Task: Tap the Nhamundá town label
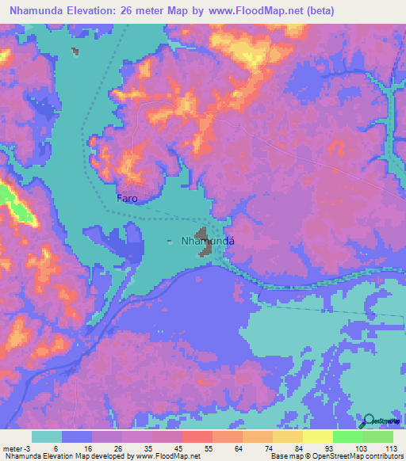coord(210,242)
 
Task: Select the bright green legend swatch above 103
coord(348,436)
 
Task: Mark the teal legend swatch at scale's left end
coord(47,436)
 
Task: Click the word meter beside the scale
coord(13,448)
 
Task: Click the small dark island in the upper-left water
coord(75,51)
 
